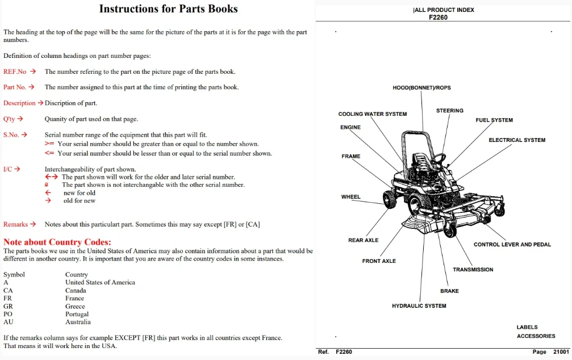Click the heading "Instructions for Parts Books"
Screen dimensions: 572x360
tap(168, 9)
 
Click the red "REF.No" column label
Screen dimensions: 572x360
tap(15, 72)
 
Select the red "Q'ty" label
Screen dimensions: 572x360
tap(9, 119)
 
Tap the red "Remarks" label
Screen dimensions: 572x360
tap(16, 224)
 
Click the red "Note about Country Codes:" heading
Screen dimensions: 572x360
tap(57, 242)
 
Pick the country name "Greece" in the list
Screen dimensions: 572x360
tap(75, 307)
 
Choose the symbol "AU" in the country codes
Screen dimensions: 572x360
tap(9, 322)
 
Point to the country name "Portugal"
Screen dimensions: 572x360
tap(77, 314)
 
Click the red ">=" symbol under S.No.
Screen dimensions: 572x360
tap(49, 144)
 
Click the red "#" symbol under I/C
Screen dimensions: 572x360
tap(47, 185)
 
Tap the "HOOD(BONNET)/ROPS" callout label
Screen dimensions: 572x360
tap(421, 87)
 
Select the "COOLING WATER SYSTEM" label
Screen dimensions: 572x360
tap(373, 114)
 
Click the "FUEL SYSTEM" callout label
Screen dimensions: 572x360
tap(494, 120)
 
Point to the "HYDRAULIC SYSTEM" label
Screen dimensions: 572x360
tap(419, 305)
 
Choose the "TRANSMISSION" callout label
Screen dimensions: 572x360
tap(473, 270)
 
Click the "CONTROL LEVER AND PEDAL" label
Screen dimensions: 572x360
tap(512, 244)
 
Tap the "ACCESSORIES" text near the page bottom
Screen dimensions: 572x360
tap(536, 336)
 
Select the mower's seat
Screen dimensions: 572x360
tap(421, 161)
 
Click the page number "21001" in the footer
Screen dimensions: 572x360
tap(561, 351)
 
